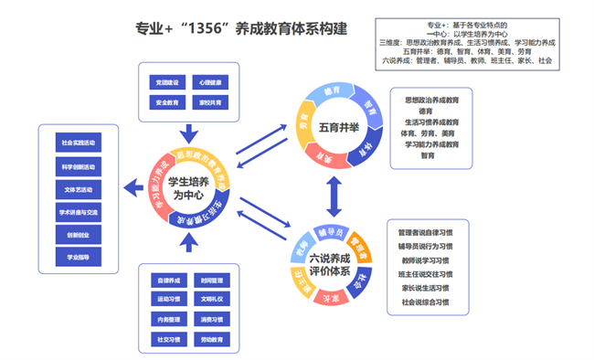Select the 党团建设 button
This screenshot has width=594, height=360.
(x=166, y=83)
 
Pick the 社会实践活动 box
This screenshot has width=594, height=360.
(x=77, y=143)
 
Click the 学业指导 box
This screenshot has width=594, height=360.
(x=77, y=258)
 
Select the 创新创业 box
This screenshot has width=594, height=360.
(x=77, y=235)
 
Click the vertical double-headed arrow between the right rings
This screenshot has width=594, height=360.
(x=334, y=195)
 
